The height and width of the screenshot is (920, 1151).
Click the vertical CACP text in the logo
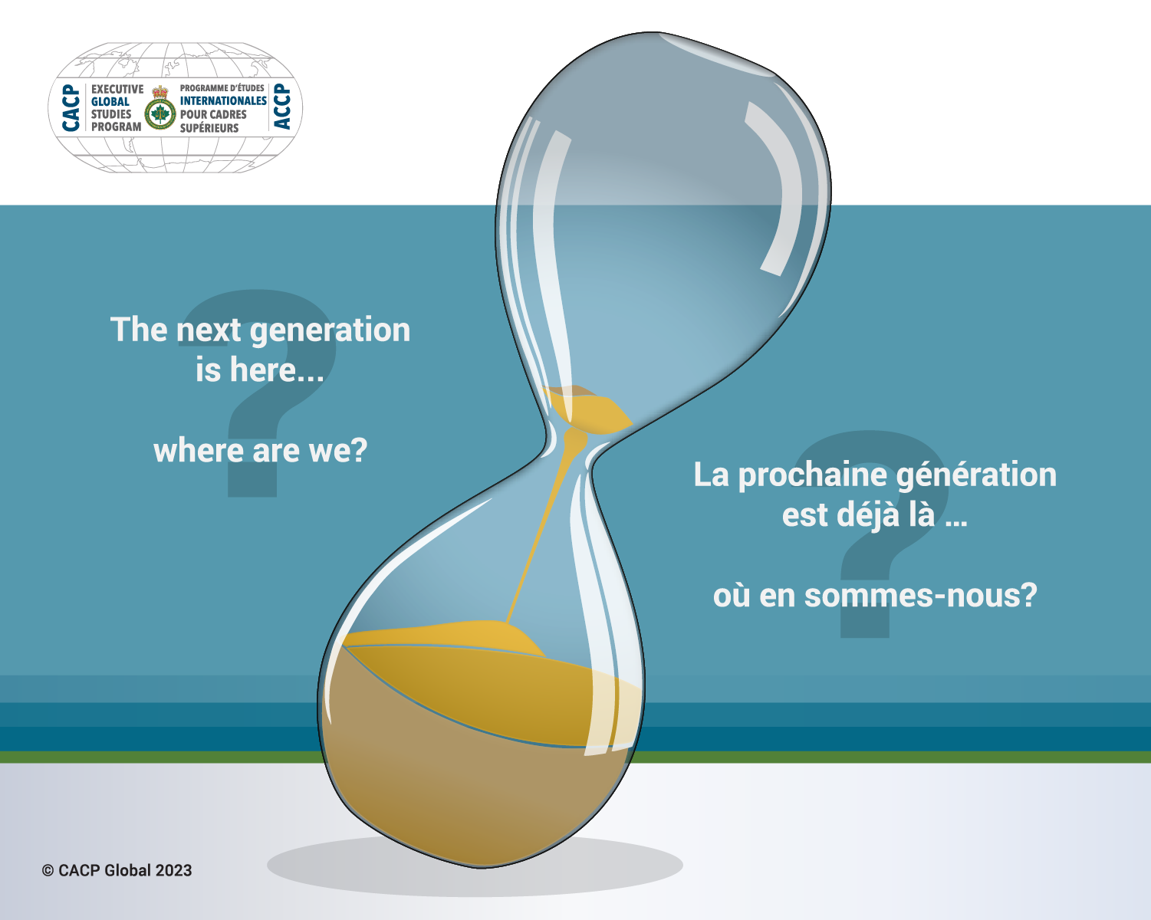click(x=71, y=107)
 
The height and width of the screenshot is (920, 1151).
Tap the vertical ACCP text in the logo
click(x=282, y=106)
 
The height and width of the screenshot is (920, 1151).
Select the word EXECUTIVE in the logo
click(x=117, y=89)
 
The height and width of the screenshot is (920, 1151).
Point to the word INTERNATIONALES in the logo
click(x=223, y=100)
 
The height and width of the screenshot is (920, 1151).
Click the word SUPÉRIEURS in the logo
click(x=209, y=128)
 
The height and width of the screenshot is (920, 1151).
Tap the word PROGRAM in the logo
click(x=116, y=127)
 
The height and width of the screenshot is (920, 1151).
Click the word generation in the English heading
click(x=330, y=330)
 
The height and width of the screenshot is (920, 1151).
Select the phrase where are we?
click(x=261, y=450)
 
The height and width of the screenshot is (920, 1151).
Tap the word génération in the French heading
click(x=976, y=475)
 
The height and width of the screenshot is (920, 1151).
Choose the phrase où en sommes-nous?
click(x=875, y=596)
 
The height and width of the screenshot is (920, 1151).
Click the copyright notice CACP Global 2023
click(x=117, y=870)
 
